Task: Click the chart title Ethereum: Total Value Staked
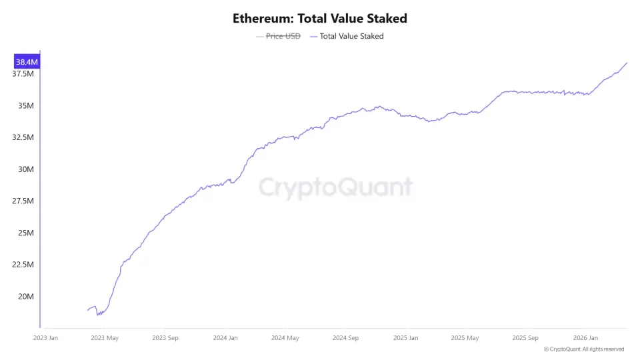pos(320,19)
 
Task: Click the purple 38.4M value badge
pos(27,62)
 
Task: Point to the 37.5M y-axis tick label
pos(23,73)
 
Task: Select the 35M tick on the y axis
pos(26,105)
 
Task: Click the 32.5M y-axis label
pos(23,137)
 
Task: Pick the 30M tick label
pos(26,169)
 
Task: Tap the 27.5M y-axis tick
pos(23,201)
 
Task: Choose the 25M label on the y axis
pos(26,233)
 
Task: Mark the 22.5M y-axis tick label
pos(23,265)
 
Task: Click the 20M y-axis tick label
pos(26,297)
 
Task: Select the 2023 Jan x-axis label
pos(45,338)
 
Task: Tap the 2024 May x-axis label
pos(285,338)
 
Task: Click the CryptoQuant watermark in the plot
pos(335,187)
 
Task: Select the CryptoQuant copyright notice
pos(584,349)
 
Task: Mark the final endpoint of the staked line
pos(627,63)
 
